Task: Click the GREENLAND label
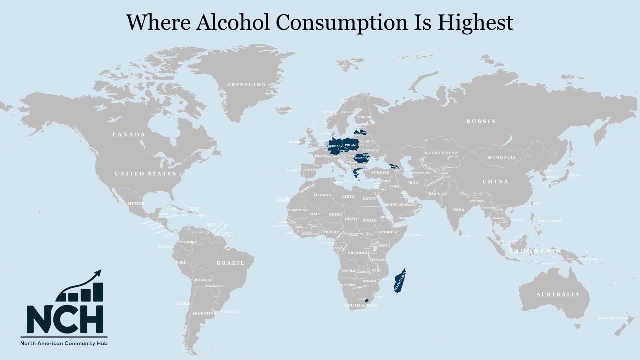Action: pyautogui.click(x=246, y=85)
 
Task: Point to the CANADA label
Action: pyautogui.click(x=129, y=135)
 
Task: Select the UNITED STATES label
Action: pyautogui.click(x=145, y=174)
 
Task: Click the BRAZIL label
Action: pyautogui.click(x=230, y=263)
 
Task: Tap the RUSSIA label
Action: pyautogui.click(x=481, y=122)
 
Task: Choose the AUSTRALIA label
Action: pyautogui.click(x=558, y=295)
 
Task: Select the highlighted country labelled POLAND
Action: pyautogui.click(x=352, y=145)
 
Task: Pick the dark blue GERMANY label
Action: pyautogui.click(x=336, y=146)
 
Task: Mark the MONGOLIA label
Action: pyautogui.click(x=502, y=157)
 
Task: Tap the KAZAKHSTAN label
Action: pyautogui.click(x=441, y=152)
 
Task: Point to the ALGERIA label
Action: pyautogui.click(x=322, y=195)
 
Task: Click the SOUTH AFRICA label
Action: pyautogui.click(x=361, y=305)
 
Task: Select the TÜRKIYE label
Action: pyautogui.click(x=380, y=173)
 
